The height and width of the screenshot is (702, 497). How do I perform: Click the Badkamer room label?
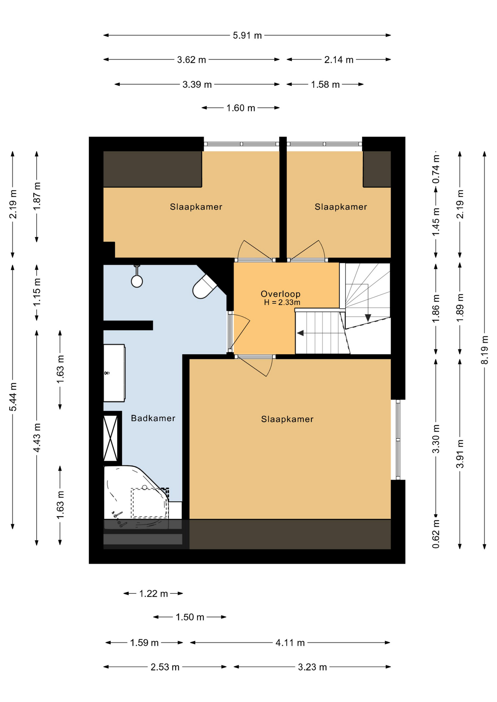coord(153,418)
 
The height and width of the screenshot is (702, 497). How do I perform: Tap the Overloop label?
coord(280,294)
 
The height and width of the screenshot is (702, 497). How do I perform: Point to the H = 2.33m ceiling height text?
coord(282,302)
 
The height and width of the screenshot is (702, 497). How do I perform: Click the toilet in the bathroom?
coord(204,287)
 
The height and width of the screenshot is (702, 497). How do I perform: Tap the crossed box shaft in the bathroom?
coord(111,438)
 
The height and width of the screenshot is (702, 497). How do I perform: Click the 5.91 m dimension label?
coord(247,35)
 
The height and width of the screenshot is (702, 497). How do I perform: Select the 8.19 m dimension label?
coord(485,350)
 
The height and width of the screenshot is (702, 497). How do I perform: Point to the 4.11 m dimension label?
coord(290,642)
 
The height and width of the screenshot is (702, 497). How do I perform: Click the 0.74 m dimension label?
coord(436,169)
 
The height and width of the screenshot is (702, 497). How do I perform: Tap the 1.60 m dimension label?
coord(240,108)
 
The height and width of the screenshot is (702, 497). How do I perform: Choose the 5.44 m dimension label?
coord(13,397)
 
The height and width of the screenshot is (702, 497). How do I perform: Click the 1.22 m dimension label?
coord(153,593)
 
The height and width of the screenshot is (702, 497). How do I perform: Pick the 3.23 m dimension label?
coord(312,667)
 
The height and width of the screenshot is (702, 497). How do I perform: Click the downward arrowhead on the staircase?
coord(368,318)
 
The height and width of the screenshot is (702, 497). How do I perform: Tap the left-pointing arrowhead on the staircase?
coord(300,333)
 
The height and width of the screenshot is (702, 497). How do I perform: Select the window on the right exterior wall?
coord(398,439)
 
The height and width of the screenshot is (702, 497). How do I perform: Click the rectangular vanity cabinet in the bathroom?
coord(114,373)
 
